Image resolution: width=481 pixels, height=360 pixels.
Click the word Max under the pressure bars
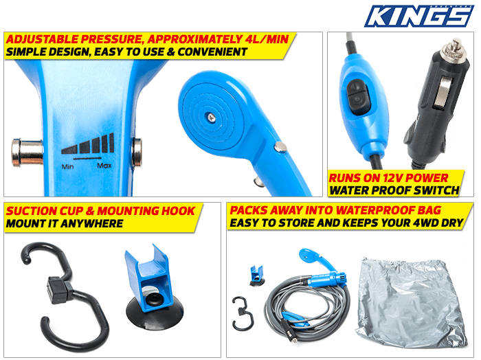click(104, 165)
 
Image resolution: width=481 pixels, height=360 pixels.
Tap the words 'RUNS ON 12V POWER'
click(388, 177)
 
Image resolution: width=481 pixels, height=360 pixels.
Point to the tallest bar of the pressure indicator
click(111, 142)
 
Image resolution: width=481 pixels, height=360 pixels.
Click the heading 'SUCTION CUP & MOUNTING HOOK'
click(100, 211)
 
